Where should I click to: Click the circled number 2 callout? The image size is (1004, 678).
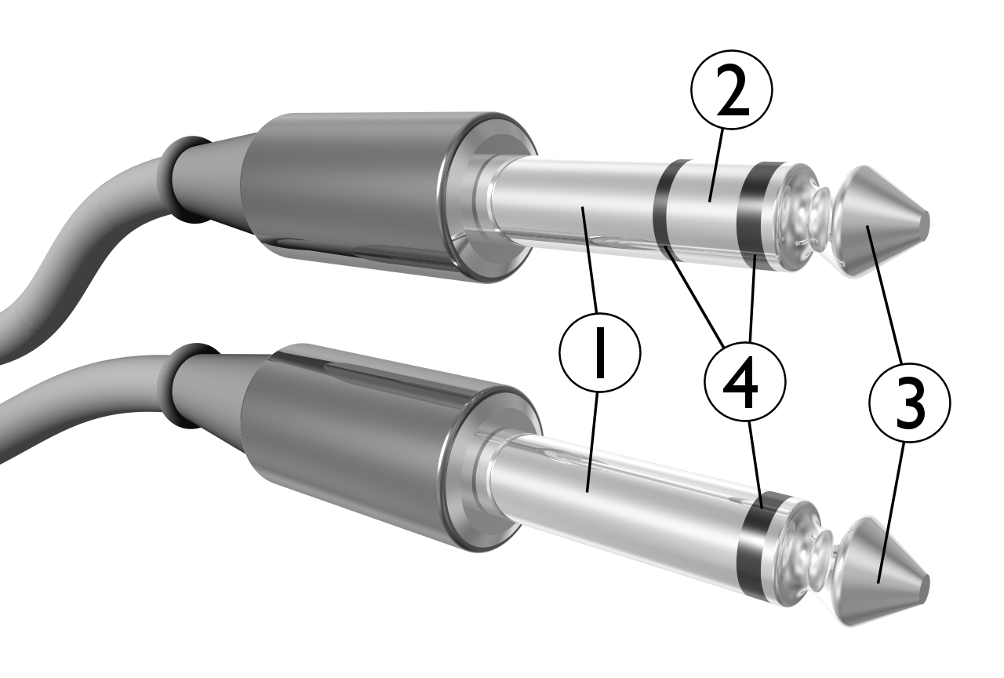732,89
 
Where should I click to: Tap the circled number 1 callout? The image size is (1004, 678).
600,352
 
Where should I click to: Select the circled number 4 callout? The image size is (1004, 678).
745,381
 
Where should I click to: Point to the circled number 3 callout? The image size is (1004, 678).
909,403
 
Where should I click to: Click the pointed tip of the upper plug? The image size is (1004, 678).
926,222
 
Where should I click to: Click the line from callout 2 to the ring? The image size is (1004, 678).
717,166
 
